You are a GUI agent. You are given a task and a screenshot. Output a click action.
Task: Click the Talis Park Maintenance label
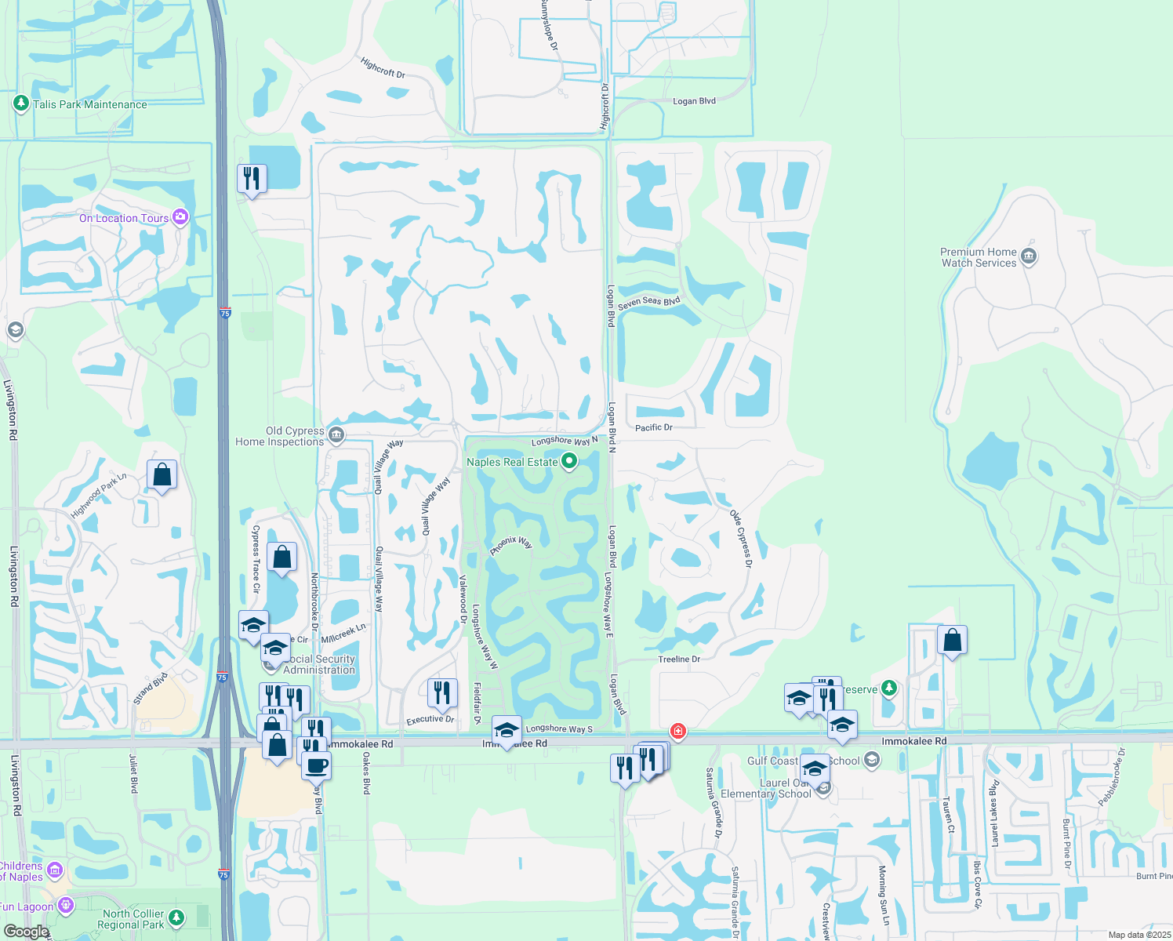coord(89,104)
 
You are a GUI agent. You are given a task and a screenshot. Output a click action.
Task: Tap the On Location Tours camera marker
coord(180,217)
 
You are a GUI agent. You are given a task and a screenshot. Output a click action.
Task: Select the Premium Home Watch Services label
coord(979,257)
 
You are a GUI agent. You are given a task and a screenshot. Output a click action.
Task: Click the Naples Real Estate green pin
coord(569,462)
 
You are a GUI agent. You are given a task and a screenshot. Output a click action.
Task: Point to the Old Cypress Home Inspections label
coord(280,436)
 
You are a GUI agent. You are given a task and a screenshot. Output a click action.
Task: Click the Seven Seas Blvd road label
coord(648,303)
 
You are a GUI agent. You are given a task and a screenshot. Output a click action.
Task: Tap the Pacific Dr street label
coord(654,427)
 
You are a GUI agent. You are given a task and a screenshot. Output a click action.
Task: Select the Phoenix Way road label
coord(511,545)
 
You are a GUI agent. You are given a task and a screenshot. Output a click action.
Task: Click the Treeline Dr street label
coord(679,659)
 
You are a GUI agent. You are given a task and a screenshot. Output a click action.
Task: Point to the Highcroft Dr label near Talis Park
coord(383,68)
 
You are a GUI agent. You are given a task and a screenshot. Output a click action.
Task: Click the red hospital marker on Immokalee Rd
coord(678,732)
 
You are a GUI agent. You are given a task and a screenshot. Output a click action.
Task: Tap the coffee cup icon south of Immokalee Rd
coord(317,765)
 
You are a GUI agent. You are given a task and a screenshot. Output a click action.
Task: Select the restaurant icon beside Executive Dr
coord(442,692)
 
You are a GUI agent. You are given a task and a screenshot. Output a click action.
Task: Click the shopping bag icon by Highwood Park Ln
coord(162,474)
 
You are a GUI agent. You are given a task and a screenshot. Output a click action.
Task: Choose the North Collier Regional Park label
coord(133,919)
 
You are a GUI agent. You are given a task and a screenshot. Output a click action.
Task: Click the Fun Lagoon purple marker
coord(65,906)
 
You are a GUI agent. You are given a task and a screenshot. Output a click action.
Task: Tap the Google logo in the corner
coord(26,932)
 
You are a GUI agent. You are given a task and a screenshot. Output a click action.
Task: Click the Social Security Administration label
coord(319,664)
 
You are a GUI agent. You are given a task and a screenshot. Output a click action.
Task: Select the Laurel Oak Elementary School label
coord(765,788)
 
